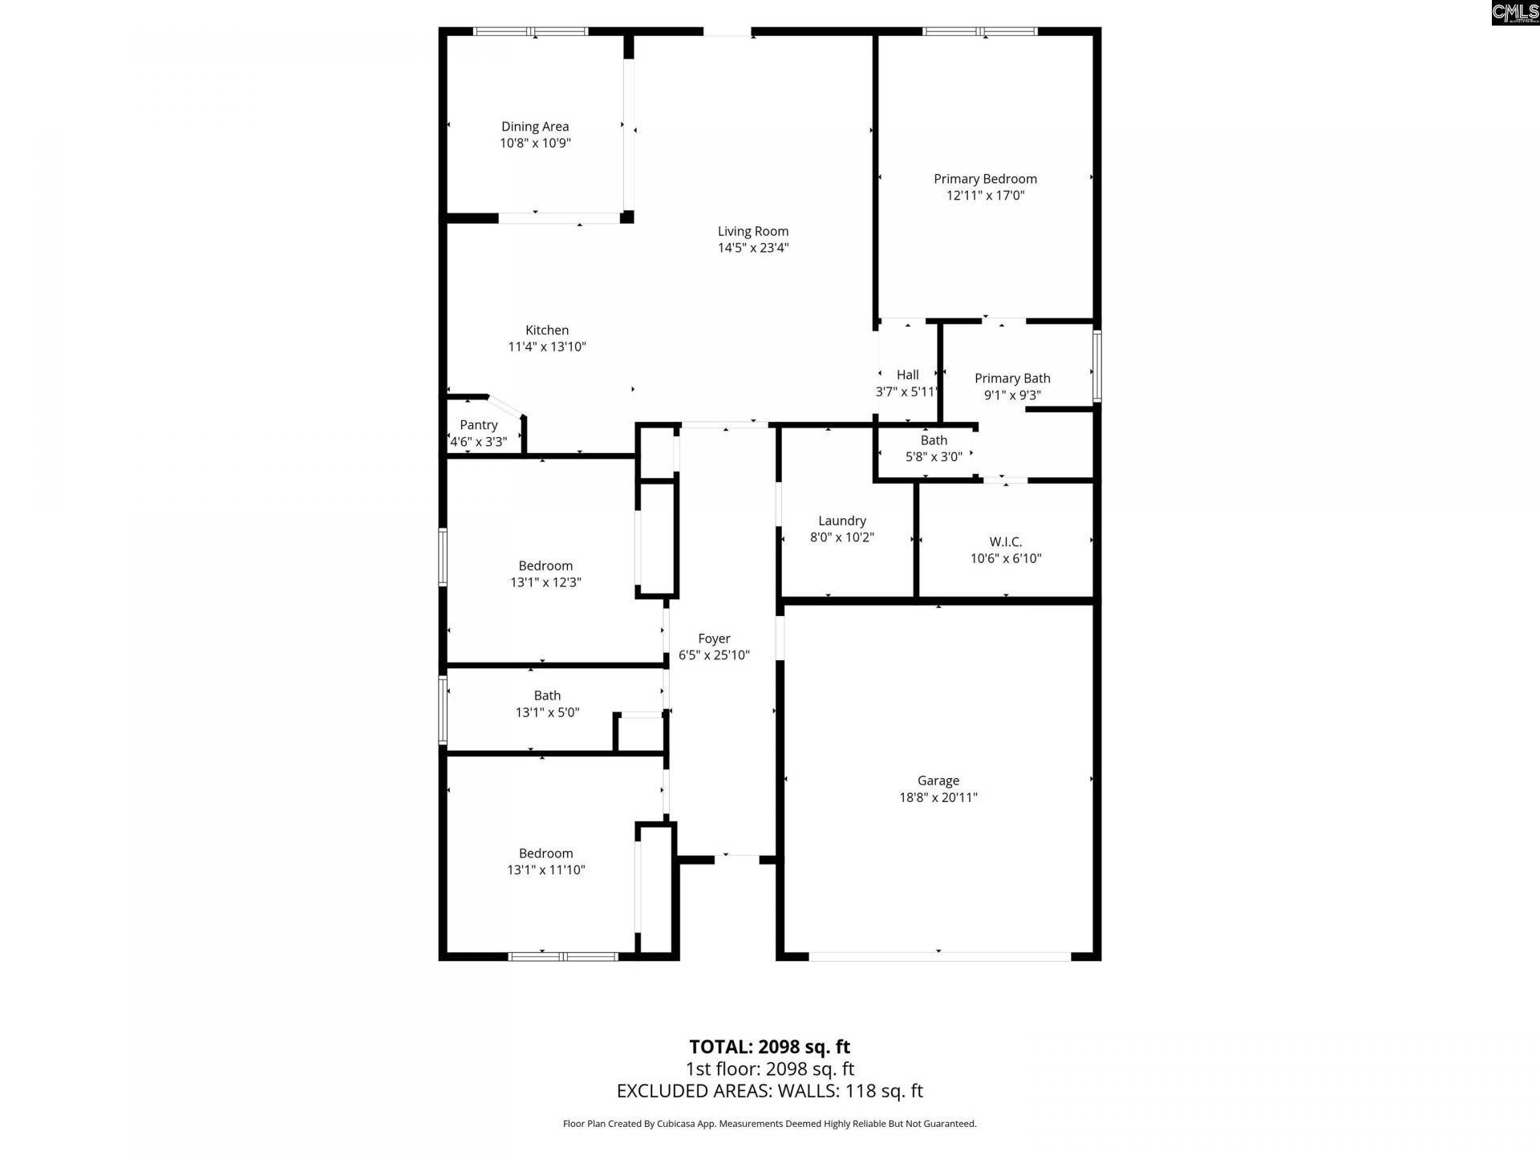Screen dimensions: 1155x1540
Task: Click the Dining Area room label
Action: coord(535,127)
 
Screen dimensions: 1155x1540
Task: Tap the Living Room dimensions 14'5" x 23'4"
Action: coord(752,248)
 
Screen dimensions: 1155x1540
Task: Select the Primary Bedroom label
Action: coord(985,179)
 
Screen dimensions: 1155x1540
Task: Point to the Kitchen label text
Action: coord(547,330)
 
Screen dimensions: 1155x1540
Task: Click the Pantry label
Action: coord(479,425)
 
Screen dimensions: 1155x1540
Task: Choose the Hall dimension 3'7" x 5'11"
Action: coord(906,392)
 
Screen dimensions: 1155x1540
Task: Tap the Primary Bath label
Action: coord(1012,379)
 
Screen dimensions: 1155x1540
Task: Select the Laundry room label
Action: coord(842,521)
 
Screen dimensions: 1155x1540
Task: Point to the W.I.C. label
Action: coord(1006,542)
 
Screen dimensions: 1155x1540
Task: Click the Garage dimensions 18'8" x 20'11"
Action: coord(938,797)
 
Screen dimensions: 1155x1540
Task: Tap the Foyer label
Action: coord(714,638)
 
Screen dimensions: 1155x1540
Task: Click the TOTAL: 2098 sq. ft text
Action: coord(770,1047)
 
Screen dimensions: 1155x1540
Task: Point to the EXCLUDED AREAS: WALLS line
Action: coord(770,1091)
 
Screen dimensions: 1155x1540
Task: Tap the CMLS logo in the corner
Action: coord(1515,13)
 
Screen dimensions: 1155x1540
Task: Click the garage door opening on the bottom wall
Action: coord(938,956)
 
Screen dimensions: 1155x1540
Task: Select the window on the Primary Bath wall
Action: coord(1096,367)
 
